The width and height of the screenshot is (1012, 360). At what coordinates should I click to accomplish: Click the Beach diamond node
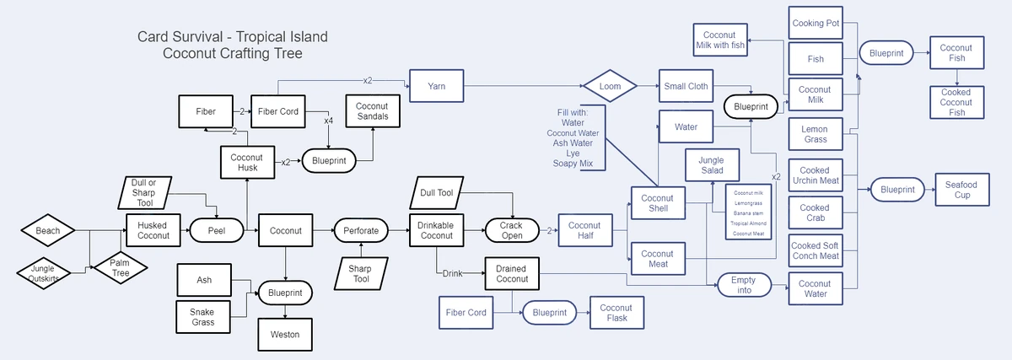pos(48,229)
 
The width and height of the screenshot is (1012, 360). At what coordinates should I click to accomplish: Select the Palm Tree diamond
pos(120,269)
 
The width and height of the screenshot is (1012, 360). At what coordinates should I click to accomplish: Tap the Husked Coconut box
pos(153,229)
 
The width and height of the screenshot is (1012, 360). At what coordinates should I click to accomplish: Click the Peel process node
pos(217,229)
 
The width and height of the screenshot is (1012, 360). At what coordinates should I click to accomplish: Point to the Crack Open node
pos(511,230)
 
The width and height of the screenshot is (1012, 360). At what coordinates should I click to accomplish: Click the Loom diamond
pos(609,86)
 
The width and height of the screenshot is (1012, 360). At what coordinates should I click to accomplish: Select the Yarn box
pos(436,86)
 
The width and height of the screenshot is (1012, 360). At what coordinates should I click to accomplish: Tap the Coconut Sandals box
pos(372,111)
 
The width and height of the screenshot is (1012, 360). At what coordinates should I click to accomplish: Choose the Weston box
pos(284,334)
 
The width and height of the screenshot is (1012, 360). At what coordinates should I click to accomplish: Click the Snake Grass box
pos(202,317)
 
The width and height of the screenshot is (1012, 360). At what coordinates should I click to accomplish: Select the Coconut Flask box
pos(616,313)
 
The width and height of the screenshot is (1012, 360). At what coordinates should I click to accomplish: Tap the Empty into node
pos(744,285)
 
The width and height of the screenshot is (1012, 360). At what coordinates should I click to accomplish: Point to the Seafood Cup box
pos(961,190)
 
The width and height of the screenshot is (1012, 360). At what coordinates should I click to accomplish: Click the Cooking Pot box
pos(816,23)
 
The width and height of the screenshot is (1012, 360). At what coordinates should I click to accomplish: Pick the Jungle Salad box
pos(711,165)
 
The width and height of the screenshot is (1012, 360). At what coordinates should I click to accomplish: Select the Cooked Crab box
pos(815,212)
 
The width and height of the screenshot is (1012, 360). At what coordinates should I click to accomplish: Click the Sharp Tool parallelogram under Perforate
pos(361,273)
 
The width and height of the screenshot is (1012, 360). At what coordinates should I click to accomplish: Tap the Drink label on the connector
pos(453,273)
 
